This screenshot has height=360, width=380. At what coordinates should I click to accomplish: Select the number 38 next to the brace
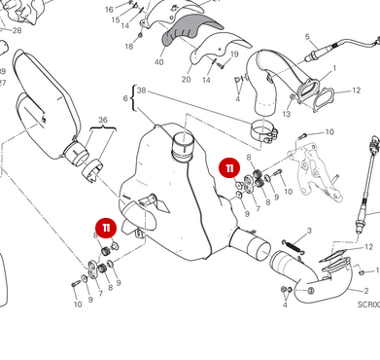(x=141, y=90)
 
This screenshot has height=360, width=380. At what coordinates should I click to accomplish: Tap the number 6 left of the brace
(x=124, y=98)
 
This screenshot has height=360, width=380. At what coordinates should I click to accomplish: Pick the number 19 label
(x=235, y=54)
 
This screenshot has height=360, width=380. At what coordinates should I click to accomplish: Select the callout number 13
(x=286, y=113)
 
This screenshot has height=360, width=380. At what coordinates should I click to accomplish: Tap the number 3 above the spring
(x=308, y=231)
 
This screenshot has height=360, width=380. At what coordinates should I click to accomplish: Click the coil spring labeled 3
(x=294, y=245)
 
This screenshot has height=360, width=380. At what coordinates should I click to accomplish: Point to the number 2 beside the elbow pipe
(x=365, y=290)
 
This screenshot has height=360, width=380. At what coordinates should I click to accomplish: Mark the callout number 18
(x=128, y=46)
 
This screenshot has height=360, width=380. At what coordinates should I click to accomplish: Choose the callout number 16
(x=108, y=8)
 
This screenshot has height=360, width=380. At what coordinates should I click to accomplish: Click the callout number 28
(x=16, y=30)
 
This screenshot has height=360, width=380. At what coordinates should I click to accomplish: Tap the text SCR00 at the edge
(x=367, y=305)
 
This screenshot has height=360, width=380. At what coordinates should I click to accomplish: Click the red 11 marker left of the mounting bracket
(x=229, y=167)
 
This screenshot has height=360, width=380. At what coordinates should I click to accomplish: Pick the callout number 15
(x=116, y=19)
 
